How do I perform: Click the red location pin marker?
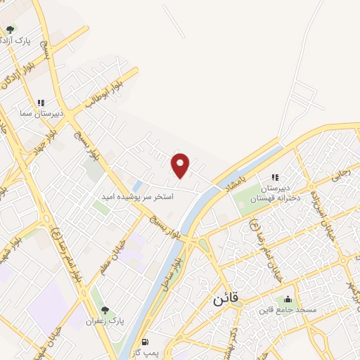(x=181, y=165)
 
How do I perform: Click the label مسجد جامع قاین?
(x=287, y=310)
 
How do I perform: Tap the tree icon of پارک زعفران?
(x=105, y=310)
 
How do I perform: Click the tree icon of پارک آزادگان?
(x=10, y=30)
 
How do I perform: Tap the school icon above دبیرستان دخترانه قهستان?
(x=275, y=177)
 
